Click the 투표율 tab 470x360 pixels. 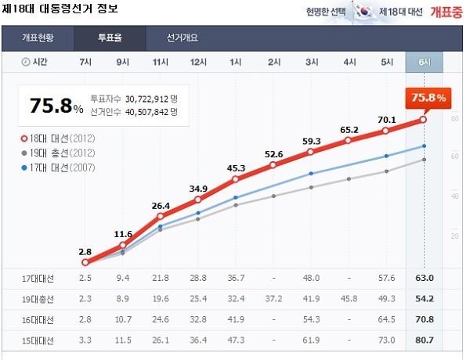click(110, 38)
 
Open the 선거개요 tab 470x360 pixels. click(182, 38)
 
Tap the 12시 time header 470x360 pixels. click(198, 62)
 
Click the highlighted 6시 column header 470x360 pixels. click(424, 62)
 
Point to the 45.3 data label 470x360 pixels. click(236, 167)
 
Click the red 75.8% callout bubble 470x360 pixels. click(428, 98)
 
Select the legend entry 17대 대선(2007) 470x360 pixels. click(59, 166)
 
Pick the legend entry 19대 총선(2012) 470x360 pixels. click(59, 152)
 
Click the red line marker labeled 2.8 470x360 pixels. click(85, 263)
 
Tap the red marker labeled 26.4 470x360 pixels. click(161, 216)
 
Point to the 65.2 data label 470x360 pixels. click(349, 130)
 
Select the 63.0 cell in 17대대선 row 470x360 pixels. click(424, 278)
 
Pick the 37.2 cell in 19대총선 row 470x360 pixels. click(273, 299)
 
